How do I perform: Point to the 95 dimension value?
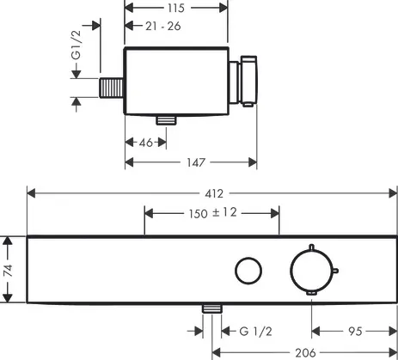coord(352,330)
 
